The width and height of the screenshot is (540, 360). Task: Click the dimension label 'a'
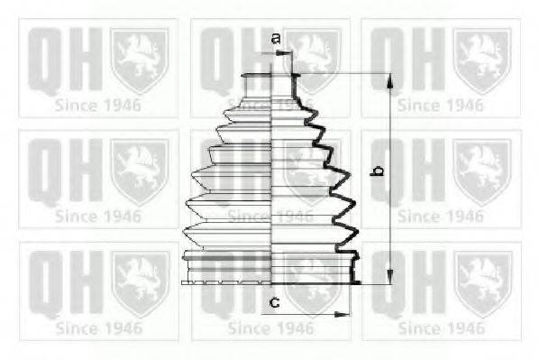(277, 38)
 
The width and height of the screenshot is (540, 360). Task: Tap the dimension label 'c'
(274, 301)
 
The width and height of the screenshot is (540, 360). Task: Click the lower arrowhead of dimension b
(390, 277)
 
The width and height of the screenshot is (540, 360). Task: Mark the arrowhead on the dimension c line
(343, 314)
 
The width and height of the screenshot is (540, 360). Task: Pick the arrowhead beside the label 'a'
(289, 53)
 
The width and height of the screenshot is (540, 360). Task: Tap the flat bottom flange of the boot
(270, 281)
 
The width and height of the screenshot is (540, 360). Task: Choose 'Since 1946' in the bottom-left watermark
(98, 328)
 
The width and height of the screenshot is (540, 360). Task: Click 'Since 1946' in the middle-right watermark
(441, 216)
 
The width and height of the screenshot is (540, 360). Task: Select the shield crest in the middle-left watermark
(138, 169)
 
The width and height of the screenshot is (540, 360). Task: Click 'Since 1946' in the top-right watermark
(441, 104)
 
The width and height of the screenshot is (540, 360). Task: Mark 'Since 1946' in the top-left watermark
(98, 104)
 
